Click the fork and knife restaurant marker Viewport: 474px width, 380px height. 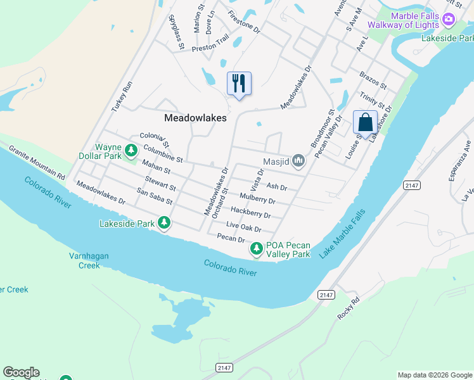point(239,83)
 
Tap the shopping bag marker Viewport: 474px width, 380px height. point(365,122)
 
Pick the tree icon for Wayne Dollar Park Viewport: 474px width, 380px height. point(131,151)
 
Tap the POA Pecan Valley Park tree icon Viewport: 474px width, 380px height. point(257,249)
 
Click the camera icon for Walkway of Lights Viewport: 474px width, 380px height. point(449,19)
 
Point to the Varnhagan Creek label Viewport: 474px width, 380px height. point(85,261)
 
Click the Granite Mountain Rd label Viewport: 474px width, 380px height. point(37,161)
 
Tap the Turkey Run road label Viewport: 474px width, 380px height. point(122,97)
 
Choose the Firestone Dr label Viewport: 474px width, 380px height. point(244,22)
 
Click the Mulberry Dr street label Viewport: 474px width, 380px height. point(257,199)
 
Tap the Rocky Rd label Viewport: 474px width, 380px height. point(349,308)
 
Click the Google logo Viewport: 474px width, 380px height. point(21,372)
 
